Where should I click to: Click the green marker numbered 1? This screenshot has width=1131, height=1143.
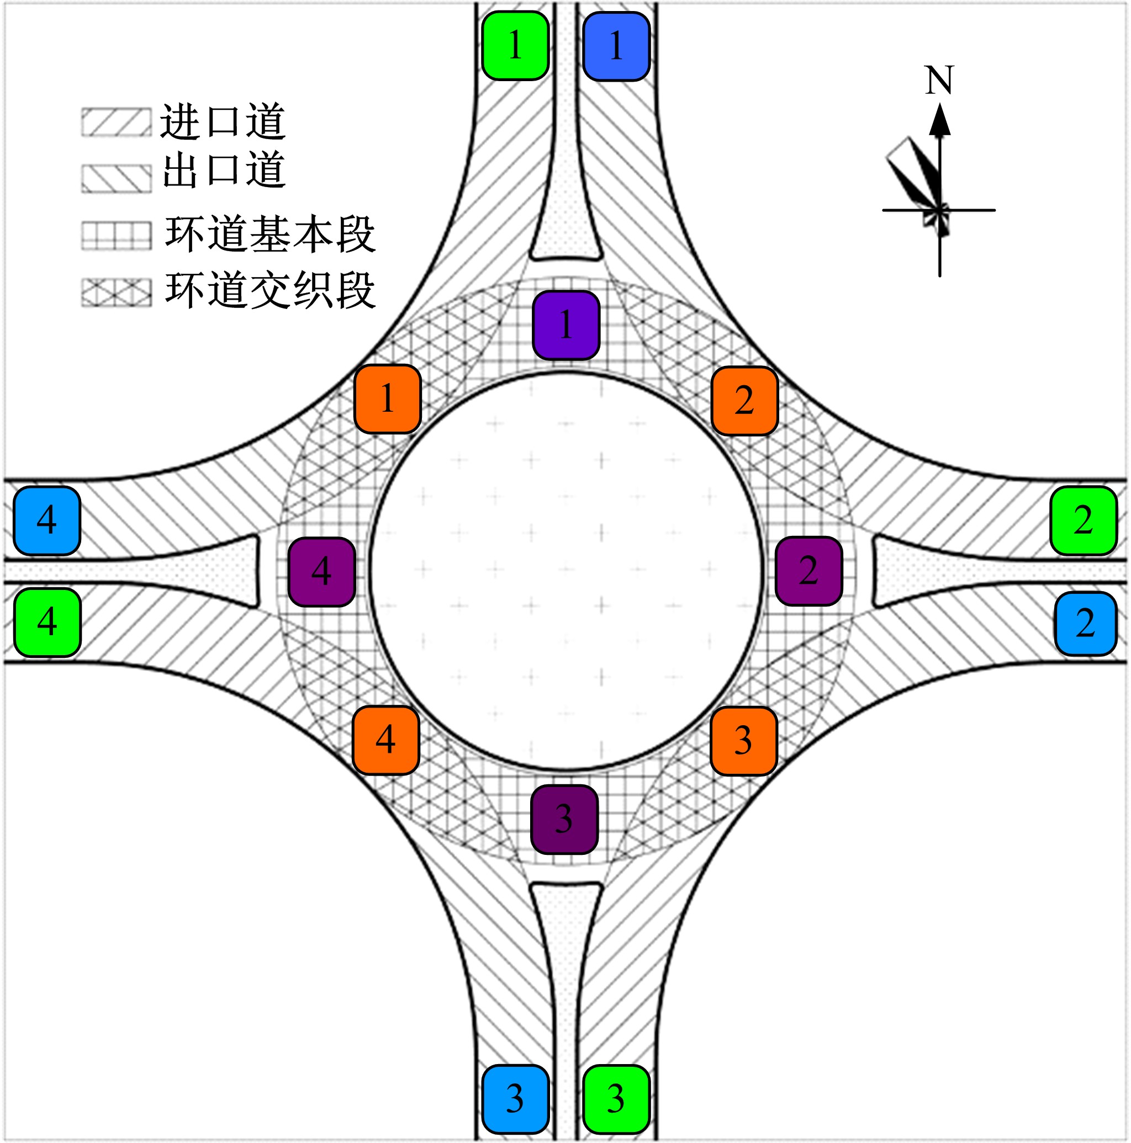coord(515,46)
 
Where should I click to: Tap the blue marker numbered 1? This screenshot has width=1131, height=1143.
coord(616,46)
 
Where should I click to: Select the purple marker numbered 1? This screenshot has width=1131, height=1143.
coord(566,325)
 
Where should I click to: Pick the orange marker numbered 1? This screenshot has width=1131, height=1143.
coord(388,398)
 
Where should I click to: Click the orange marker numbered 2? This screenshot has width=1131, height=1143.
coord(744,401)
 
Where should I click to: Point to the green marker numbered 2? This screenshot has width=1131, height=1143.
coord(1083,520)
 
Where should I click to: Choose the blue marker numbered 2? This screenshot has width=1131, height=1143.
coord(1085,624)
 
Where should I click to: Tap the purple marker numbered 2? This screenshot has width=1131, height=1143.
coord(808,571)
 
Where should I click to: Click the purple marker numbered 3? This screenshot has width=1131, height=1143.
coord(564,820)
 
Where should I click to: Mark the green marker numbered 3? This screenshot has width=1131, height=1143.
coord(616,1099)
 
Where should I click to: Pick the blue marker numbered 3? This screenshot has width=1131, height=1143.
coord(515,1099)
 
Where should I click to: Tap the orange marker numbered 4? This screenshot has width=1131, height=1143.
coord(386,740)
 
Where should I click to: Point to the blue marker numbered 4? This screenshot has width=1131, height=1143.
coord(47,520)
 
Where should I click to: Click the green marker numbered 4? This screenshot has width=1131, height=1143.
coord(47,623)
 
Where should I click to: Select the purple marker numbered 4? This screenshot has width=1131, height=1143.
coord(321,572)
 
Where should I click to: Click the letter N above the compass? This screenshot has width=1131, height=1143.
coord(939,81)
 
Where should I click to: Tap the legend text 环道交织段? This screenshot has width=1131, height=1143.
coord(270,290)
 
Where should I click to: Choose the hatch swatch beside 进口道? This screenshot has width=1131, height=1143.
coord(116,123)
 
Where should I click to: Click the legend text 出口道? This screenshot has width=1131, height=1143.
coord(224,171)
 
